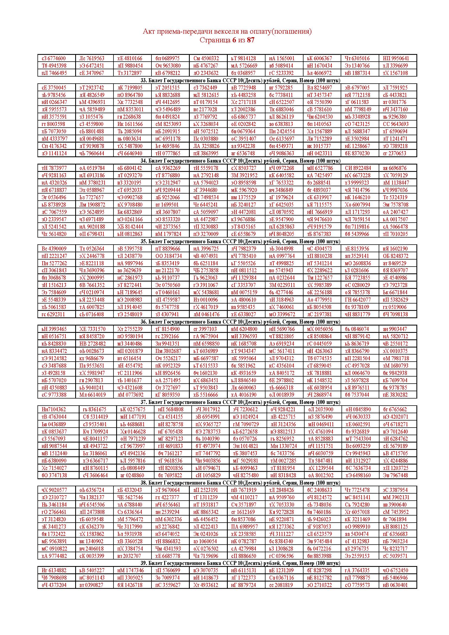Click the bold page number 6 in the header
(234, 40)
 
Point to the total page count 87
(251, 40)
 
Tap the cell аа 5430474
(357, 534)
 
